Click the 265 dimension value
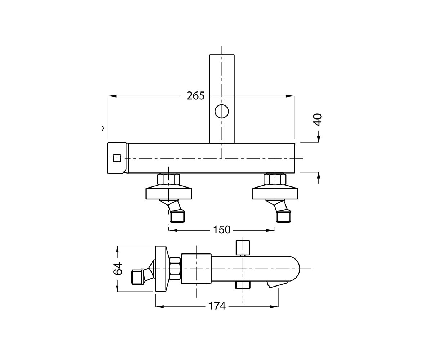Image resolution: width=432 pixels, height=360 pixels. pos(195,96)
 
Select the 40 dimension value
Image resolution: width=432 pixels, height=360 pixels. pos(318,120)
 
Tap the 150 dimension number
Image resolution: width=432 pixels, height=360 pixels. pos(222,230)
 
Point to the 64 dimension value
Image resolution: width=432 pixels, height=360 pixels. pos(118,269)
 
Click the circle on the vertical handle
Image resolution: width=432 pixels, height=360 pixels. pos(222,112)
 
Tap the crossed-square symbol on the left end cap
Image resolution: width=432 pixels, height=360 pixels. pos(117,158)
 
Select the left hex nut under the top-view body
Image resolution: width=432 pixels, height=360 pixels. pos(168,179)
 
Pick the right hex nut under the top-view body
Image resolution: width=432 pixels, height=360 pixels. pos(275,179)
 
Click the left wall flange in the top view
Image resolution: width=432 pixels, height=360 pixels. pos(168,193)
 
